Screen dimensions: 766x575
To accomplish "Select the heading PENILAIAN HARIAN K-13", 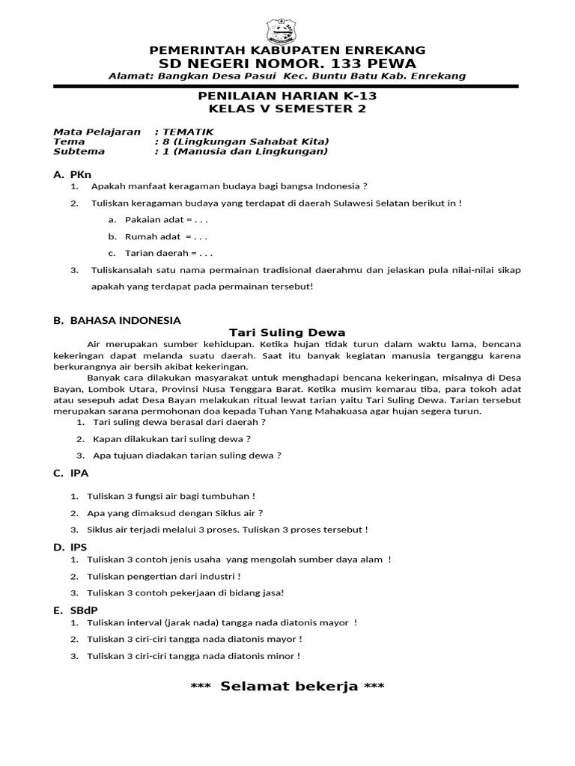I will click(x=287, y=97).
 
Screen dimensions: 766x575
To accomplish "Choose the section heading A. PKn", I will click(x=72, y=174).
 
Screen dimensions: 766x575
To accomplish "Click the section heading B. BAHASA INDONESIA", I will click(x=117, y=320).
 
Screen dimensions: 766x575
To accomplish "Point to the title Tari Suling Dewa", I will click(x=287, y=332).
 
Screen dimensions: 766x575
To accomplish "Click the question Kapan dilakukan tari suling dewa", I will click(x=171, y=438).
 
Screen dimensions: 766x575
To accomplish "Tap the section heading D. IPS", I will click(x=71, y=547).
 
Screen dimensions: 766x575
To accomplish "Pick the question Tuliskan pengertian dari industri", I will click(x=164, y=576).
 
